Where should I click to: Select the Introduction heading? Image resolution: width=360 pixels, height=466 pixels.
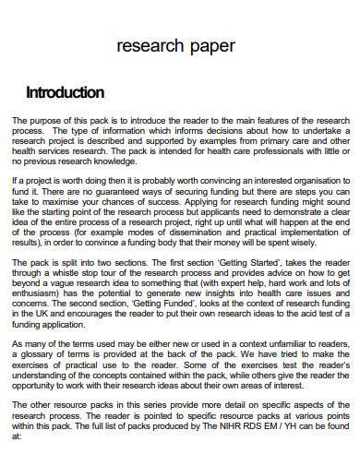(x=65, y=92)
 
